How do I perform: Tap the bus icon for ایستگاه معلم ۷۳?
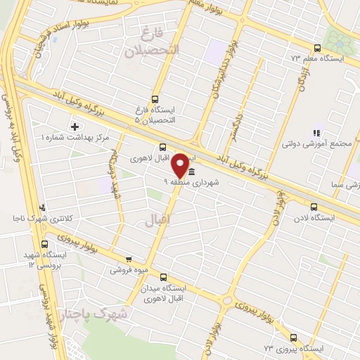click(x=317, y=49)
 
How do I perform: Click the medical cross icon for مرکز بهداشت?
click(x=75, y=127)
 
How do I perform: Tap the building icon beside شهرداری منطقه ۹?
click(x=191, y=173)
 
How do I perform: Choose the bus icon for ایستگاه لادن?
click(x=314, y=207)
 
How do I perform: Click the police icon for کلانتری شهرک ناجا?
click(x=44, y=208)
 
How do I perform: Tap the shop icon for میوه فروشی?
click(x=128, y=259)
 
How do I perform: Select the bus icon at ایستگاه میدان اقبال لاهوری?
click(x=164, y=278)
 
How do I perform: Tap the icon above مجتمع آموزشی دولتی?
click(x=316, y=131)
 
